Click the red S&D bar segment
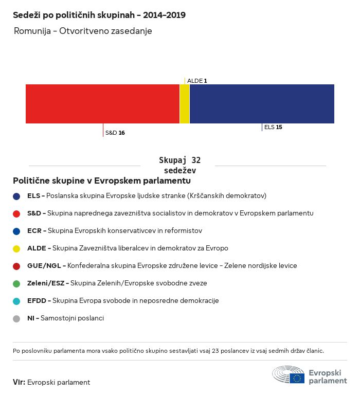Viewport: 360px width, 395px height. point(102,104)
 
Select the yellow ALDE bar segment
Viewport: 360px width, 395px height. point(185,104)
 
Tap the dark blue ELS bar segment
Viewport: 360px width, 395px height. point(262,104)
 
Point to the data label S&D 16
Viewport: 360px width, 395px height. point(115,133)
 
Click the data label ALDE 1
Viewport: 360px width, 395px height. point(197,81)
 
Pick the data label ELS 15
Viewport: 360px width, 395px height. point(273,127)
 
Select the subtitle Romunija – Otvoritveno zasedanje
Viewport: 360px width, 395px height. point(83,31)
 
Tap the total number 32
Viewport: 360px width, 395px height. point(196,160)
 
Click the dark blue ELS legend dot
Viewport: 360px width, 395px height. point(16,196)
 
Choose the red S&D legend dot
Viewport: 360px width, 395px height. point(16,214)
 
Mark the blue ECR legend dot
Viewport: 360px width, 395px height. point(16,231)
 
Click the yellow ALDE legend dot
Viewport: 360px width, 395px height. point(16,249)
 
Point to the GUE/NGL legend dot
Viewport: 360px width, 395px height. point(16,266)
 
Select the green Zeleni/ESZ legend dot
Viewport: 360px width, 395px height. point(16,284)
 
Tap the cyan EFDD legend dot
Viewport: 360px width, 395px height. point(16,301)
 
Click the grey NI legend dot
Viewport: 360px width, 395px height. point(16,319)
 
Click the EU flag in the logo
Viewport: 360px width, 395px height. point(297,378)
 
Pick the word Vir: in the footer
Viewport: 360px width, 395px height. point(19,382)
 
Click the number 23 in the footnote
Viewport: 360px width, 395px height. point(215,351)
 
